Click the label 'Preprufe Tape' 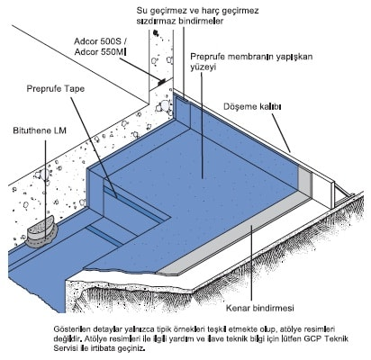coord(56,89)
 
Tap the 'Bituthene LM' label coord(40,130)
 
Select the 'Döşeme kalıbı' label coord(252,106)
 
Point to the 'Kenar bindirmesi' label coord(260,308)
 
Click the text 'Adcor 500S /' coord(100,41)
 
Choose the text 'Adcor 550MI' coord(100,52)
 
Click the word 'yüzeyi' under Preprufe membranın coord(204,67)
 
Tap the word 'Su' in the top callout coord(141,11)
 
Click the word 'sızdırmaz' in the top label coord(156,22)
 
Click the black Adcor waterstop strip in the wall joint coord(161,82)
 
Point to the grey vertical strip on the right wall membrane coord(303,180)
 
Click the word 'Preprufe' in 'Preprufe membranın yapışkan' coord(207,57)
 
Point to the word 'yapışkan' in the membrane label coord(295,57)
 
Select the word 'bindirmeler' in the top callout coord(201,22)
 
